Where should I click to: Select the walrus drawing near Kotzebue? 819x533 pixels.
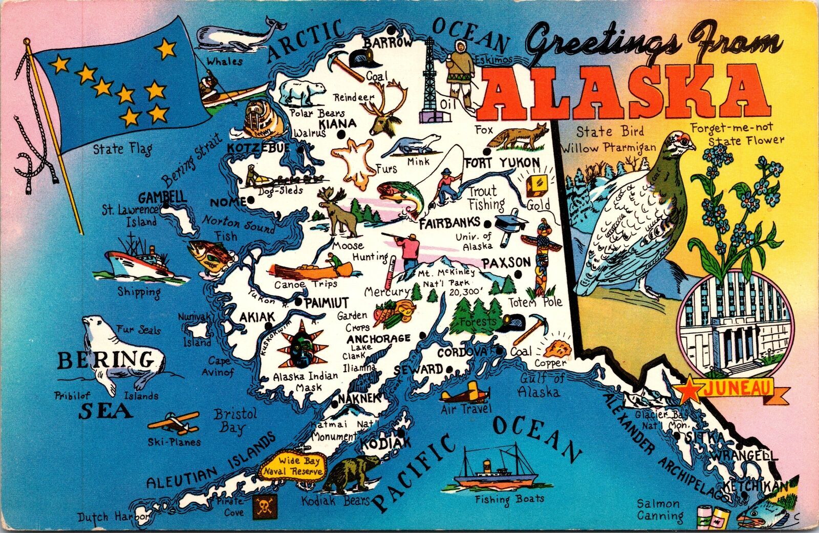point(262,120)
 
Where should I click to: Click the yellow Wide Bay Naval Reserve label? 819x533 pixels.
point(292,466)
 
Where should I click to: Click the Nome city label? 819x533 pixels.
point(228,202)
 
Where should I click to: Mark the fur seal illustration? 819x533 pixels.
point(120,353)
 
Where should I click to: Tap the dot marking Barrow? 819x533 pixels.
point(391,29)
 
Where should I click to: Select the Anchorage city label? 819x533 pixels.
point(378,339)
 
